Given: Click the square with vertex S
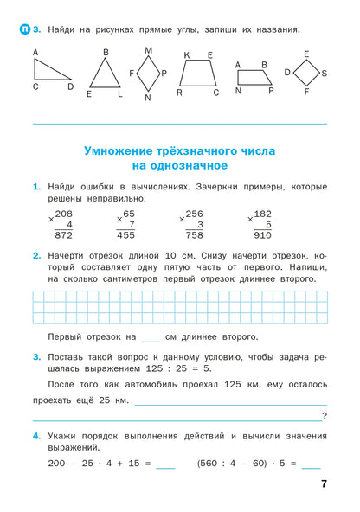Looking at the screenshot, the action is tap(306, 74).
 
